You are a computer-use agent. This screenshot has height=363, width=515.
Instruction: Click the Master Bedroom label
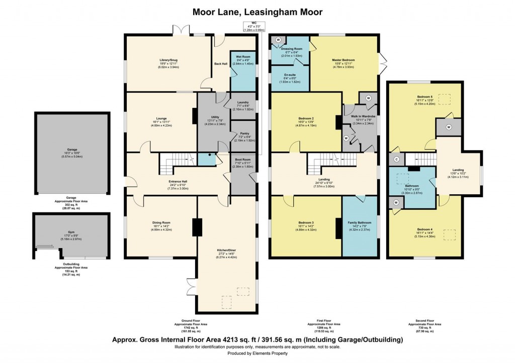pos(344,60)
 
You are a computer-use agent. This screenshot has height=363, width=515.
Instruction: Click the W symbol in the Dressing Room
pos(278,40)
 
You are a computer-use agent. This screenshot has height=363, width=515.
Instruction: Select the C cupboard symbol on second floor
pos(397,160)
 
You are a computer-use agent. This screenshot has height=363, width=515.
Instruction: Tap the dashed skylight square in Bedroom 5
pos(444,100)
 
